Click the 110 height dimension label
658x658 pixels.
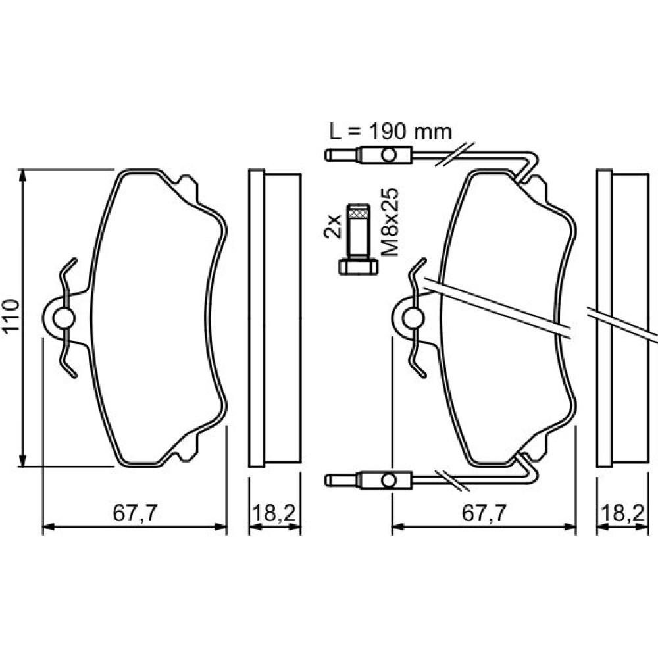(11, 317)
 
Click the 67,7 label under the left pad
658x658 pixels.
(135, 513)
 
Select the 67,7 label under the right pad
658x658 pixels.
(484, 513)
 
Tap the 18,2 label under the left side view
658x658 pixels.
(274, 513)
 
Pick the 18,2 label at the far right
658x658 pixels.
(622, 513)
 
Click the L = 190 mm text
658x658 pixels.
(390, 132)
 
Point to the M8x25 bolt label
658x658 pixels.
(390, 222)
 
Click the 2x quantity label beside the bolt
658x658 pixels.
(333, 226)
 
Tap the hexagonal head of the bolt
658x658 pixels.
(358, 267)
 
